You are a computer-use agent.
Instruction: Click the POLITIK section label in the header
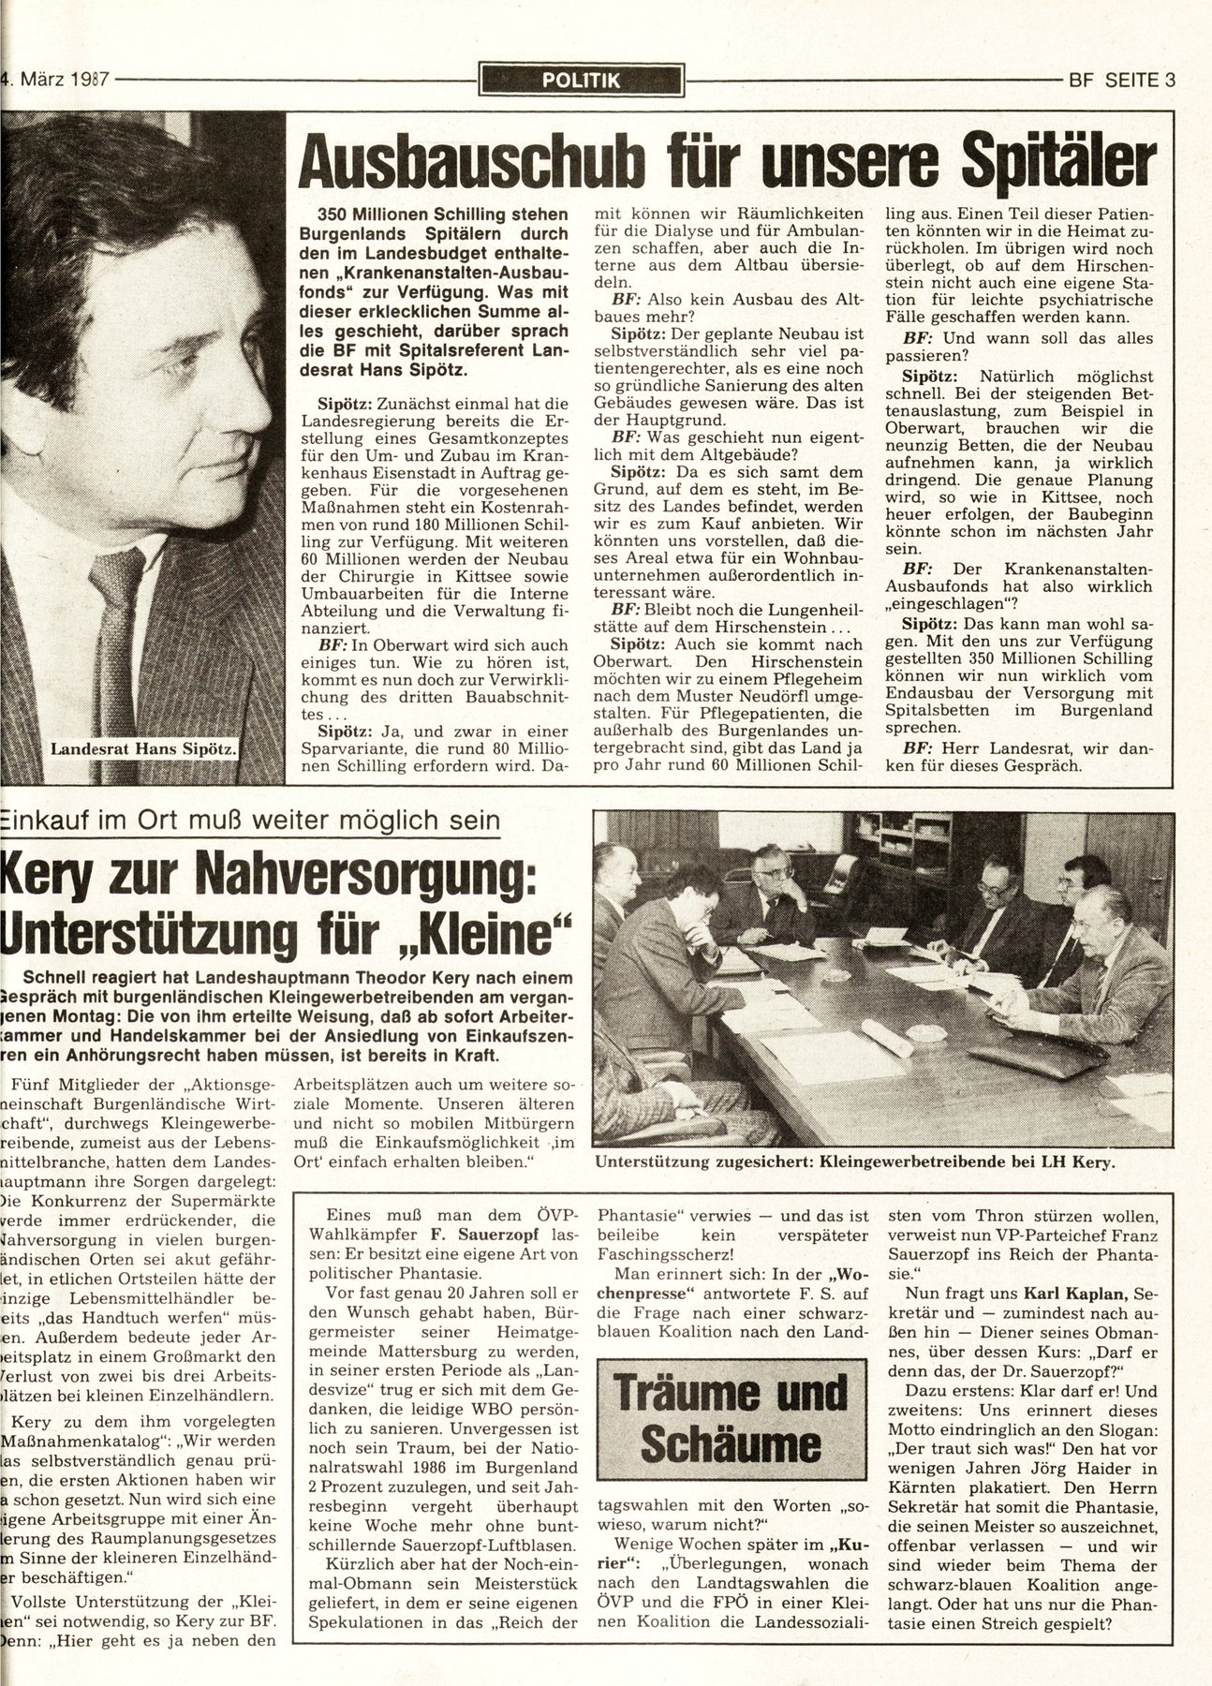point(581,81)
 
